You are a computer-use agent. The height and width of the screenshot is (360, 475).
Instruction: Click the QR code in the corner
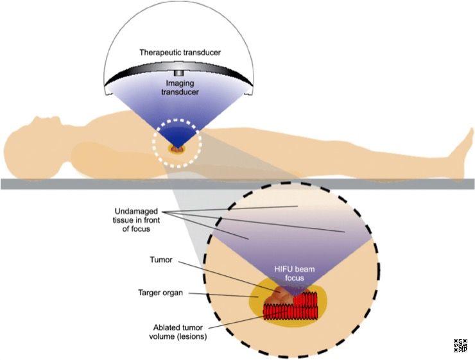(460, 345)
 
